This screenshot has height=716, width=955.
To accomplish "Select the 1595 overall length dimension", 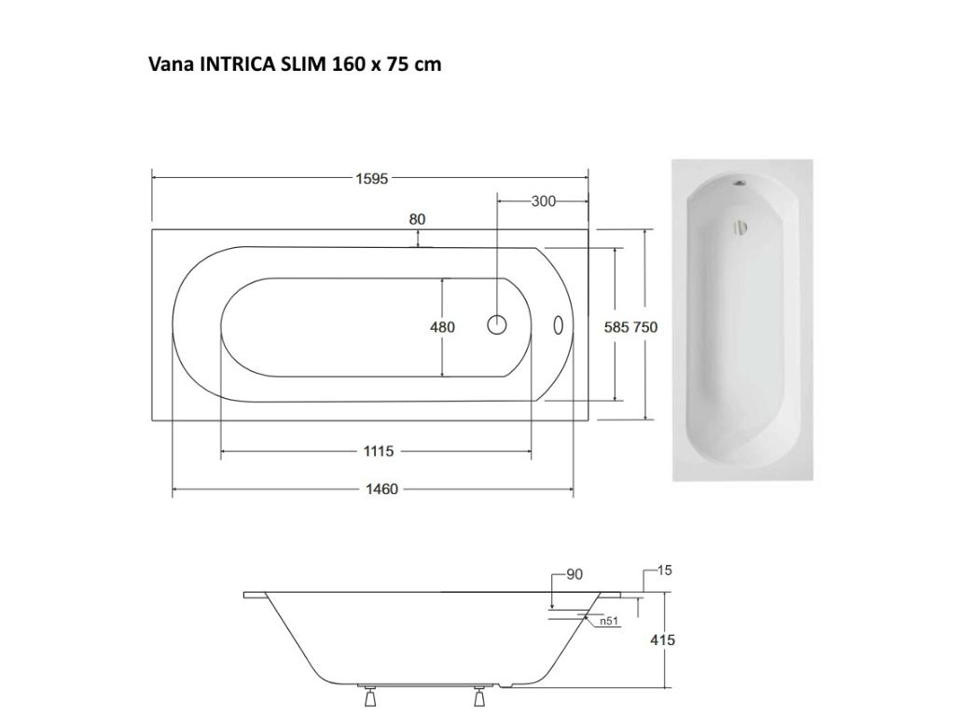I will click(371, 179).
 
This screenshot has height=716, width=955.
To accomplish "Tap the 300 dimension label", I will click(544, 201).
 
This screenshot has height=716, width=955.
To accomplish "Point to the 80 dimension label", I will click(417, 220).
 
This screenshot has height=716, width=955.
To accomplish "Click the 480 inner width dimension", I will click(442, 327).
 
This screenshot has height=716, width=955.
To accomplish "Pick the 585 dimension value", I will click(617, 327).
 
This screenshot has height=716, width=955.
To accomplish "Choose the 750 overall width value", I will click(645, 327).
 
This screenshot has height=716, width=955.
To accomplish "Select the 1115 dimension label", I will click(378, 452).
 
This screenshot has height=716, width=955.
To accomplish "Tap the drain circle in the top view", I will click(497, 325).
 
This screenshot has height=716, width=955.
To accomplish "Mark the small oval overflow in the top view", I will click(559, 325).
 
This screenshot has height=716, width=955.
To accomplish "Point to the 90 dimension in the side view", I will click(574, 575).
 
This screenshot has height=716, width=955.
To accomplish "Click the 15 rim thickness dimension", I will click(664, 571).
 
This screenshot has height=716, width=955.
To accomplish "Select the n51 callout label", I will click(608, 621).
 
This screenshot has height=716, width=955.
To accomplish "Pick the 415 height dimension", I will click(662, 640).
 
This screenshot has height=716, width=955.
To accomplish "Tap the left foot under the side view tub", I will click(369, 698).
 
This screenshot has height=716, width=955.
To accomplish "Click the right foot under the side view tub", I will click(480, 698).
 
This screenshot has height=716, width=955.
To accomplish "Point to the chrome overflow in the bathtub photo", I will click(740, 227).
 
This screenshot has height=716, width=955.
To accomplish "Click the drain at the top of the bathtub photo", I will click(741, 184).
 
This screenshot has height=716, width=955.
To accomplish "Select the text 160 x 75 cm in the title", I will click(386, 64).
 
